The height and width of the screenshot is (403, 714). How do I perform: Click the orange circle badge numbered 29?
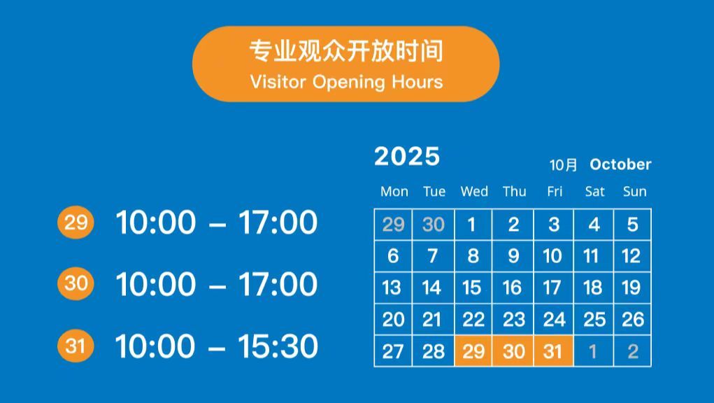pos(76,222)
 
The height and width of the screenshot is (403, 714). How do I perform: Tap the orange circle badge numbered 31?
pos(76,346)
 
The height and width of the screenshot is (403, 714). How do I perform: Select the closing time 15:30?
pos(278,346)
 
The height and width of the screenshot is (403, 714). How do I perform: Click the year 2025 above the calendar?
pos(406,157)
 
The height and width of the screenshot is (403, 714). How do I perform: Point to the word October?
pos(620,164)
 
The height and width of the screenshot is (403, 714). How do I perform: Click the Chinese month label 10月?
pos(563,165)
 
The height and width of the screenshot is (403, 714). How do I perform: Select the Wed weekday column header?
pos(474,191)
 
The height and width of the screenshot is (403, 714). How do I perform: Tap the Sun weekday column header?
pos(634,191)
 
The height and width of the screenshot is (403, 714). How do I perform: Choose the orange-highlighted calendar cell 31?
pos(553,351)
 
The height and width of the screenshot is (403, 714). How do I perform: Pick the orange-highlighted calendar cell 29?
pos(473,351)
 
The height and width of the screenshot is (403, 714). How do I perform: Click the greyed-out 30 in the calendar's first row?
pos(433,225)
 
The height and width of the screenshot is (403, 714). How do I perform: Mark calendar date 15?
pos(472,288)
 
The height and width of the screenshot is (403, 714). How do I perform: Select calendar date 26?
pos(633,320)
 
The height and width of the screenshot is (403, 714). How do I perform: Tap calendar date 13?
pos(392,288)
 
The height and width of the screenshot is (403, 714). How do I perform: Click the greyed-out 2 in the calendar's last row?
pos(633,351)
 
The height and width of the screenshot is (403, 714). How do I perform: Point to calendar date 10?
pos(552,256)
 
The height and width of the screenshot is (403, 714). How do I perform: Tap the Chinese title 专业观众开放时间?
pos(346,51)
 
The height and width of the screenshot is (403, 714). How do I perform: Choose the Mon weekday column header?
pos(394,191)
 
